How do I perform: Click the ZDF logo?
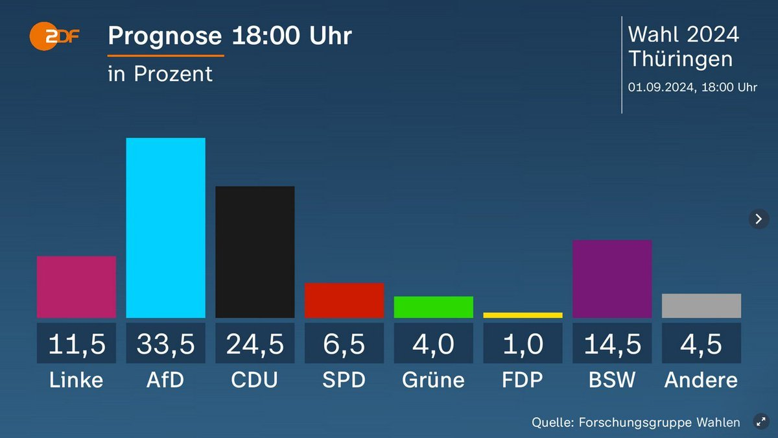click(54, 38)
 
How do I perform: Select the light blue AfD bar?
click(165, 227)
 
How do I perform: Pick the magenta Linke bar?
click(77, 287)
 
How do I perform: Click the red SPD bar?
click(344, 300)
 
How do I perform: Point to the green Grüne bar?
click(434, 307)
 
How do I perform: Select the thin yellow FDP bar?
click(523, 315)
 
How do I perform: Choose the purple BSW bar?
click(612, 278)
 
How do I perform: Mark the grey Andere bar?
click(701, 306)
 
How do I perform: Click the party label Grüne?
click(434, 380)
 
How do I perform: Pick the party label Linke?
click(77, 380)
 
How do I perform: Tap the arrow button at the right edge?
click(759, 219)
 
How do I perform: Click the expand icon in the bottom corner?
click(761, 422)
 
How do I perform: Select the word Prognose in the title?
click(165, 36)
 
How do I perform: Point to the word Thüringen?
click(681, 59)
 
